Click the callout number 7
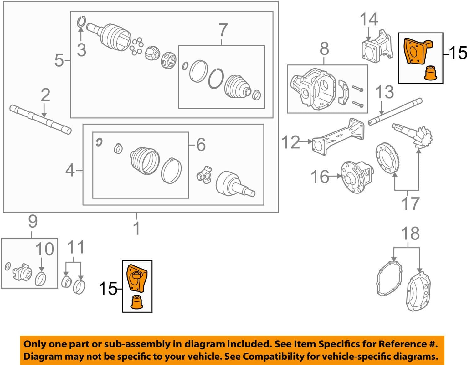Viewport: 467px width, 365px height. click(x=223, y=30)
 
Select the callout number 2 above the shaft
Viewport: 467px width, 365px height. click(x=45, y=95)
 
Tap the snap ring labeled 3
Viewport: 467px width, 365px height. click(x=81, y=22)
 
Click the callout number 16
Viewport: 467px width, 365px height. click(x=320, y=177)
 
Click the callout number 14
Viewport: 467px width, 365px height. click(x=369, y=19)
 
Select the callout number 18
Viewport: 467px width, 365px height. click(x=410, y=234)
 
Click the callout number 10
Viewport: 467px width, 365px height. click(x=44, y=249)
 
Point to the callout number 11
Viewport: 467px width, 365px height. click(x=76, y=247)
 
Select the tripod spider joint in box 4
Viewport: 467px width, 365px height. click(x=205, y=174)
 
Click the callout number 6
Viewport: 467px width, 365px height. click(x=201, y=145)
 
